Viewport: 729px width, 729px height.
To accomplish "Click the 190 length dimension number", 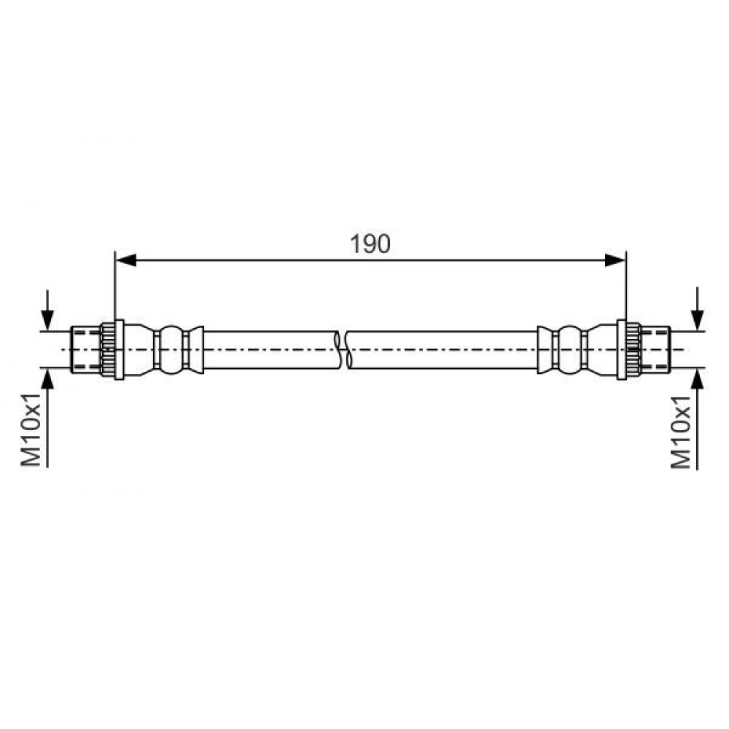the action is [x=370, y=244].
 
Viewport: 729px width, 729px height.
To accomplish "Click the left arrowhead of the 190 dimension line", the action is [x=125, y=260].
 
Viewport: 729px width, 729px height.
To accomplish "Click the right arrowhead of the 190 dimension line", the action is [x=615, y=260].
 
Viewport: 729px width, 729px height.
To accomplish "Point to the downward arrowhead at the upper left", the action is [x=47, y=320].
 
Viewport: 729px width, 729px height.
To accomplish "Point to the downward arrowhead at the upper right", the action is [x=698, y=320].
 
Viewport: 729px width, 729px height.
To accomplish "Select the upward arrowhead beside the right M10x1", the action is [x=698, y=380].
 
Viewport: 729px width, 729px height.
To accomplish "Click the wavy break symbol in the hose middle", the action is [x=343, y=350].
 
